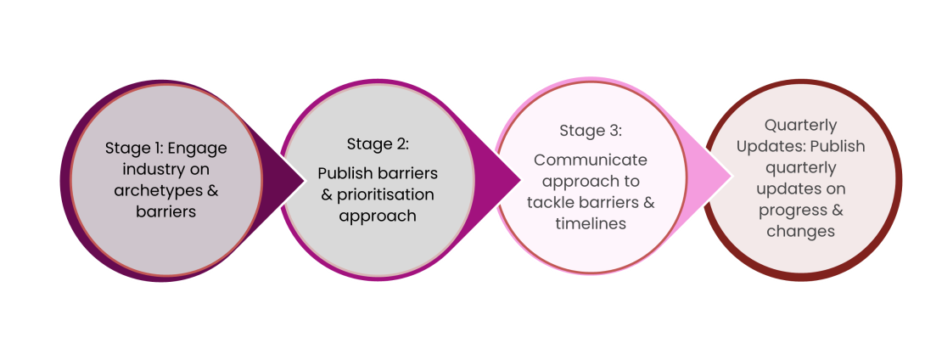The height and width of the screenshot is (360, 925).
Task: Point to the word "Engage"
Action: tap(199, 148)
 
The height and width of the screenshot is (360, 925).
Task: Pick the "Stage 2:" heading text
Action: tap(378, 143)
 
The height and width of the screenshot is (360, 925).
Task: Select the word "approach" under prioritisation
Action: tap(378, 216)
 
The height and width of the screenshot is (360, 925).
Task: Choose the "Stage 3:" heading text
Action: tap(591, 131)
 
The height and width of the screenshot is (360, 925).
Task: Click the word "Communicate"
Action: tap(591, 160)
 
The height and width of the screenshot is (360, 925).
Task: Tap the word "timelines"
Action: tap(591, 223)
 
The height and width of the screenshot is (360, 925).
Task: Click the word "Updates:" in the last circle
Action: tap(765, 147)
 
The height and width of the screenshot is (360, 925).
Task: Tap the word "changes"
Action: tap(800, 231)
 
